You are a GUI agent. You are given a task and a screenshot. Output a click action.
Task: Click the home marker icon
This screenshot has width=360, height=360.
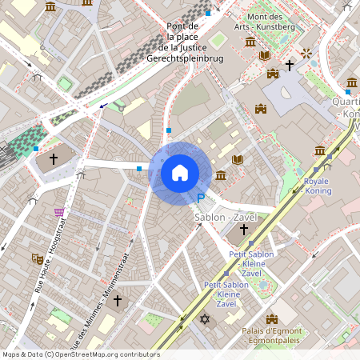pos(180,173)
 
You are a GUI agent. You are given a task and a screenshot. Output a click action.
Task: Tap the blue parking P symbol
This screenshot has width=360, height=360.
pos(202,198)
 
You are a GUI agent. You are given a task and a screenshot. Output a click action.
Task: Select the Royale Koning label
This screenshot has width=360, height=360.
pos(322,186)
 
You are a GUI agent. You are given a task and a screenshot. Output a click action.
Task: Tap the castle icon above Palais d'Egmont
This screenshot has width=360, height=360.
pos(270,319)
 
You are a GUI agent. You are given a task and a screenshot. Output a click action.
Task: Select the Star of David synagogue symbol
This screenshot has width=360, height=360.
pos(204,320)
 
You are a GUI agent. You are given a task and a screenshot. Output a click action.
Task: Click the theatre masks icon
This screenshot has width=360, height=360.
pos(36,258)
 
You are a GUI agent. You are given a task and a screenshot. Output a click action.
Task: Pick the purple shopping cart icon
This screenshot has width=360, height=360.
pos(58,212)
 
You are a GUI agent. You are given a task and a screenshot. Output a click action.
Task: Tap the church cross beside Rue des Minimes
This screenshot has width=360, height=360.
pos(117,301)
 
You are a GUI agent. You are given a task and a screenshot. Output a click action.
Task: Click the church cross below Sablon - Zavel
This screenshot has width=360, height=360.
pos(244,230)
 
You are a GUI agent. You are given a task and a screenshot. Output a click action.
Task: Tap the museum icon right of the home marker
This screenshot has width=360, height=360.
pos(221,175)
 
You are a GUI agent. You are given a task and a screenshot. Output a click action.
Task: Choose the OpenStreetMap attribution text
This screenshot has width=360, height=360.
pos(82,354)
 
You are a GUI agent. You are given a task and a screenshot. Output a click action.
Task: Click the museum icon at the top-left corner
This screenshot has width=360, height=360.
pos(51,6)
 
